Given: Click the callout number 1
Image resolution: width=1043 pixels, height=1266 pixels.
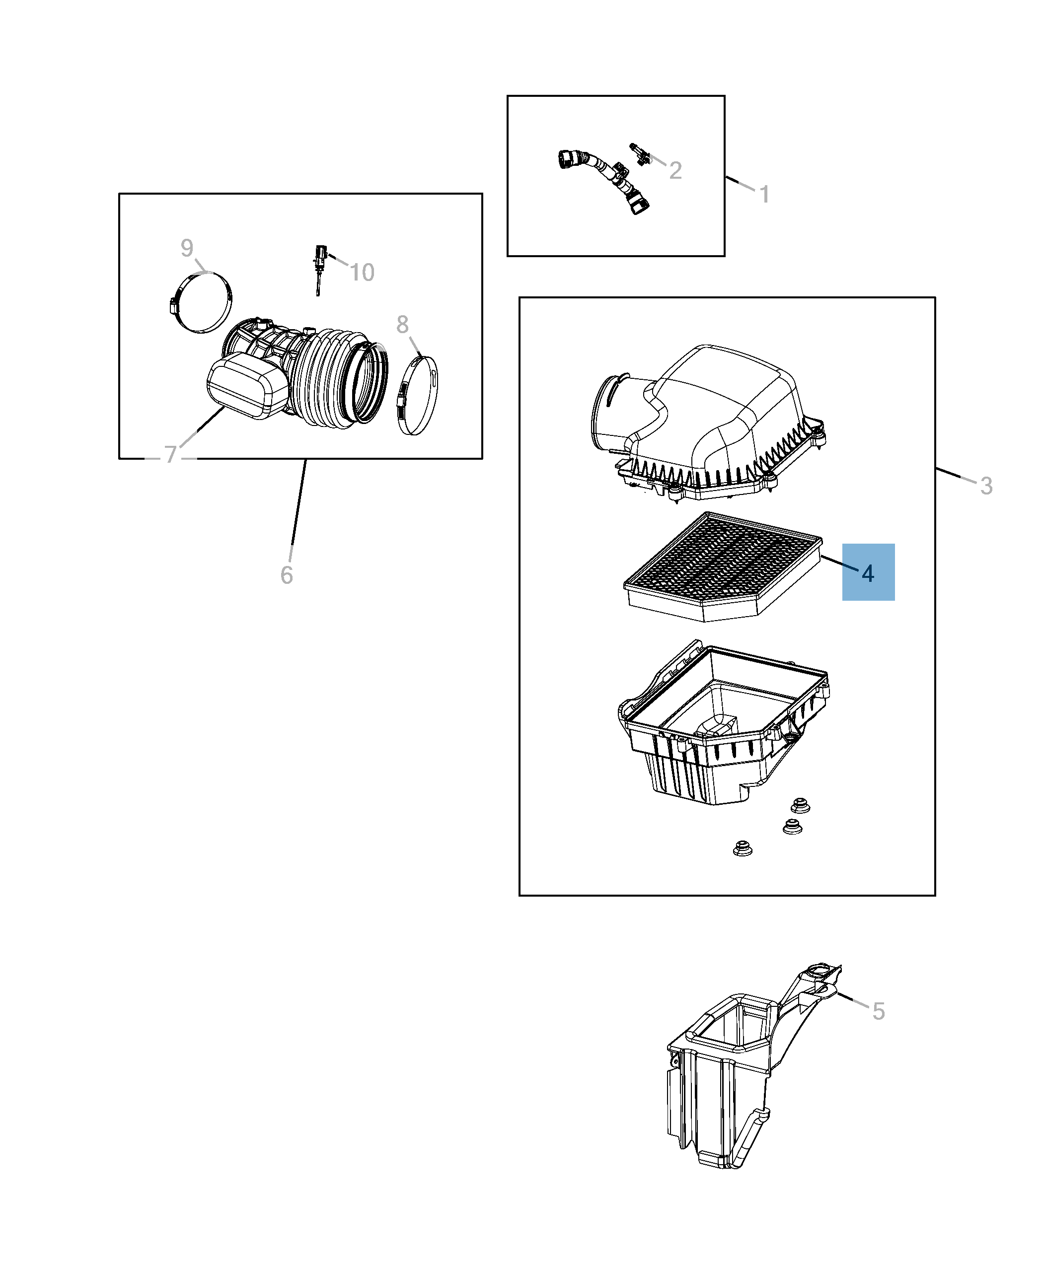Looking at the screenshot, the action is [x=764, y=195].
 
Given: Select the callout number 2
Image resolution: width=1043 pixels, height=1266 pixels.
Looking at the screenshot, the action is [x=675, y=171].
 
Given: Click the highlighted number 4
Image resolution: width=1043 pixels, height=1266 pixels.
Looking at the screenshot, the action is [x=868, y=573].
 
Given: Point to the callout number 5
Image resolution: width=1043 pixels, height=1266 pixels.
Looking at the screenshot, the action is [x=879, y=1011].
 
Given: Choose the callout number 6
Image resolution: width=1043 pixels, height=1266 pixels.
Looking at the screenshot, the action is [x=287, y=575].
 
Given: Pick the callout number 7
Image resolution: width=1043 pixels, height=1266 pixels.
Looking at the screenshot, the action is [x=171, y=455].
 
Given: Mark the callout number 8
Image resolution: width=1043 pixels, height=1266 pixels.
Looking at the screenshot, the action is [x=402, y=325].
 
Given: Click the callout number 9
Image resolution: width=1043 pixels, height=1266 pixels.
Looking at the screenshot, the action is [x=187, y=248].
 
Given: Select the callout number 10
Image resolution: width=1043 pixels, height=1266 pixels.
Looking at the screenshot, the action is [x=362, y=273].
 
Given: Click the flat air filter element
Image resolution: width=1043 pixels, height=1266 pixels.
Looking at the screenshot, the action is [x=723, y=566].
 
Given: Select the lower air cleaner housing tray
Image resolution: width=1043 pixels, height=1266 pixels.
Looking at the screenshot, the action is [x=723, y=722].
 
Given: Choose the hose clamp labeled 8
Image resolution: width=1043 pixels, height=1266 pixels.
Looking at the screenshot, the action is [x=417, y=395].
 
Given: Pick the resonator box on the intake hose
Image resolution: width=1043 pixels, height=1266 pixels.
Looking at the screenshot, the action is [x=247, y=385].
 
